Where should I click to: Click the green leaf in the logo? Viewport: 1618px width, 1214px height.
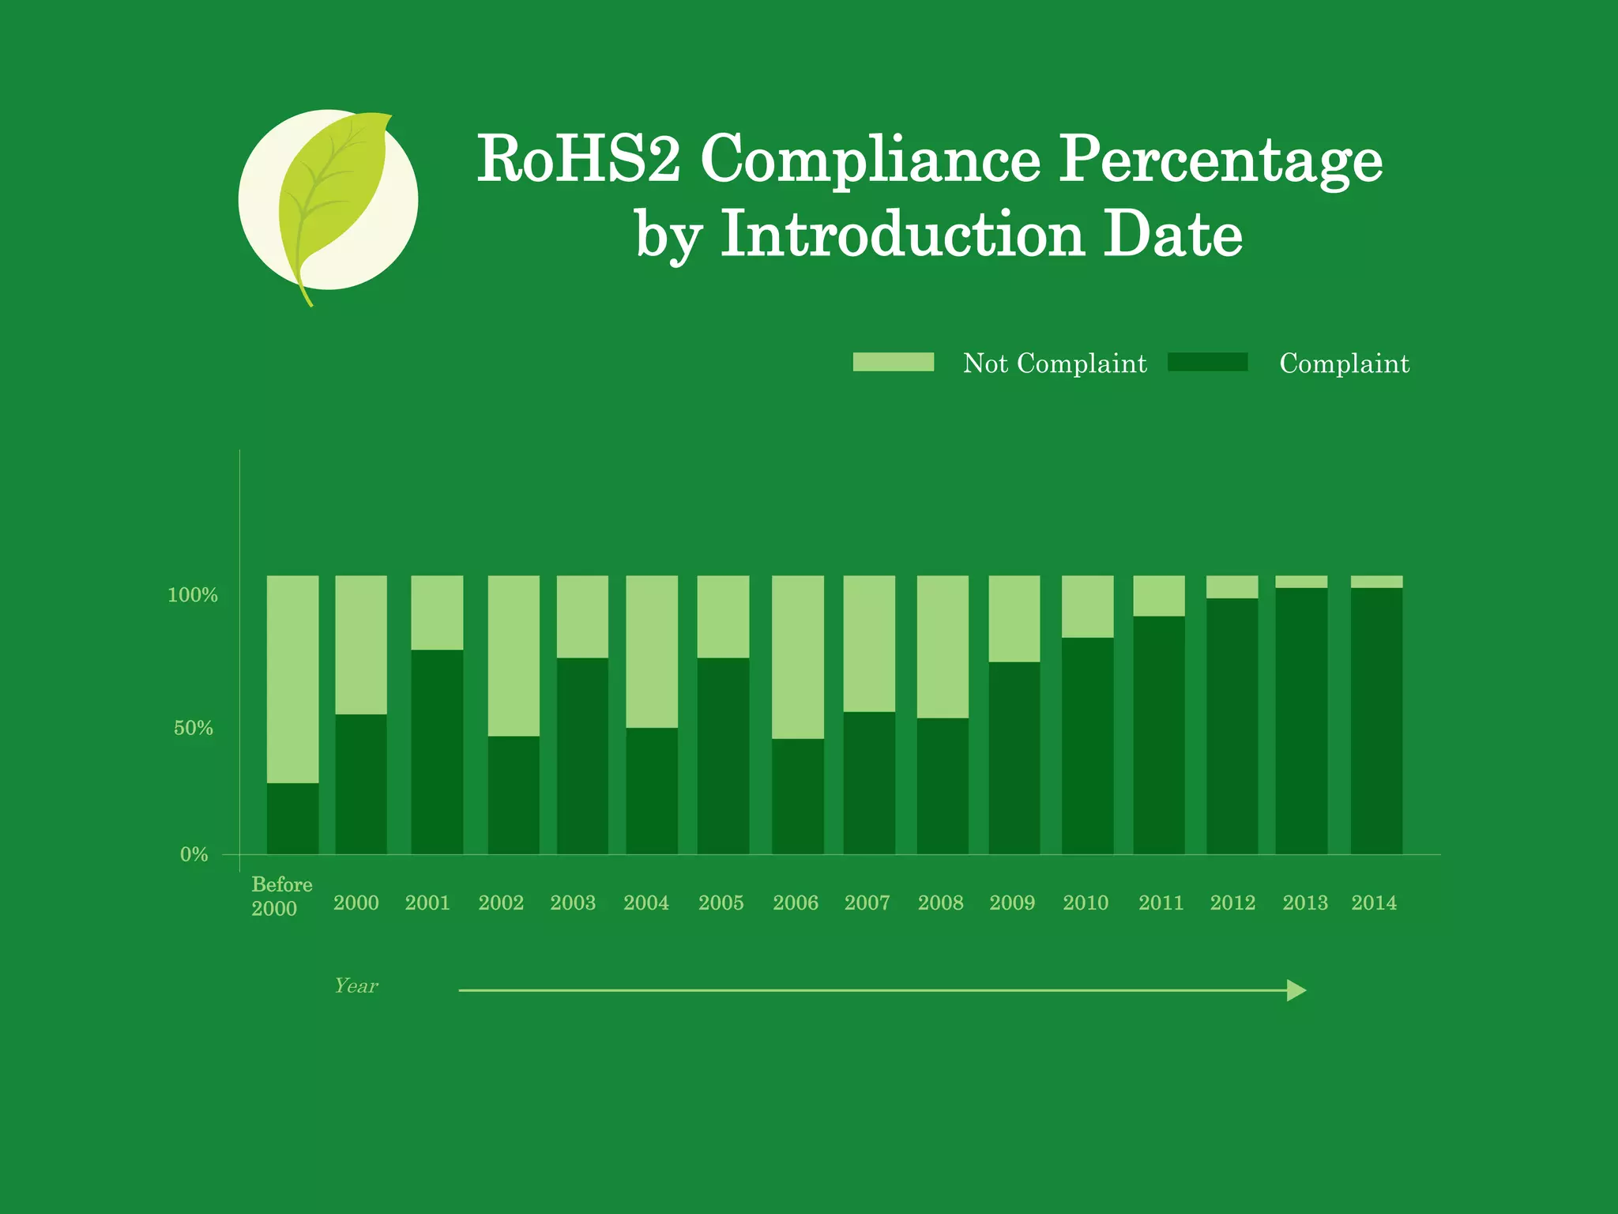pyautogui.click(x=332, y=190)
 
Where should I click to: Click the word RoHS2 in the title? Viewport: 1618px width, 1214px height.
pyautogui.click(x=578, y=159)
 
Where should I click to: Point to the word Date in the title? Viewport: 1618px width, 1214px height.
pyautogui.click(x=1172, y=235)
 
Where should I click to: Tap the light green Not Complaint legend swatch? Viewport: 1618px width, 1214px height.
pyautogui.click(x=893, y=362)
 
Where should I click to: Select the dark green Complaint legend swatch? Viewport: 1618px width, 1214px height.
pyautogui.click(x=1207, y=362)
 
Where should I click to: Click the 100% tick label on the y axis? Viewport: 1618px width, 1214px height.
pyautogui.click(x=192, y=595)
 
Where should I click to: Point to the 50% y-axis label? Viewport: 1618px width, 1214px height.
pyautogui.click(x=194, y=728)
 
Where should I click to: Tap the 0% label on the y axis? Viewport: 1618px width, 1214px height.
pyautogui.click(x=194, y=854)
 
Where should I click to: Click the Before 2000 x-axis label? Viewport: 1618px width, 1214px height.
pyautogui.click(x=281, y=896)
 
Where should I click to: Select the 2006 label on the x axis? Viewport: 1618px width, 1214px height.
pyautogui.click(x=796, y=903)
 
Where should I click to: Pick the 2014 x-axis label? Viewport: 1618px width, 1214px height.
pyautogui.click(x=1374, y=903)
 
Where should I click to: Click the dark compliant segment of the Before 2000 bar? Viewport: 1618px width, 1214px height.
pyautogui.click(x=293, y=819)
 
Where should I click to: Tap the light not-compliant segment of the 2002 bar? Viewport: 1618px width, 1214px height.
pyautogui.click(x=514, y=656)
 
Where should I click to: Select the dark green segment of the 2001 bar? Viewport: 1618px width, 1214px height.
pyautogui.click(x=437, y=752)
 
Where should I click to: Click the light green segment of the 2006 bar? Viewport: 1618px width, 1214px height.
pyautogui.click(x=798, y=657)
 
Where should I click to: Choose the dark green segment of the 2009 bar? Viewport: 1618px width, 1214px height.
pyautogui.click(x=1014, y=758)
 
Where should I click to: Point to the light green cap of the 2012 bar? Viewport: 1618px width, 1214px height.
pyautogui.click(x=1232, y=586)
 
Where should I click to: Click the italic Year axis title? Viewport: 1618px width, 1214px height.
pyautogui.click(x=356, y=986)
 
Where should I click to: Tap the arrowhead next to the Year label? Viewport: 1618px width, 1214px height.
pyautogui.click(x=1296, y=990)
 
